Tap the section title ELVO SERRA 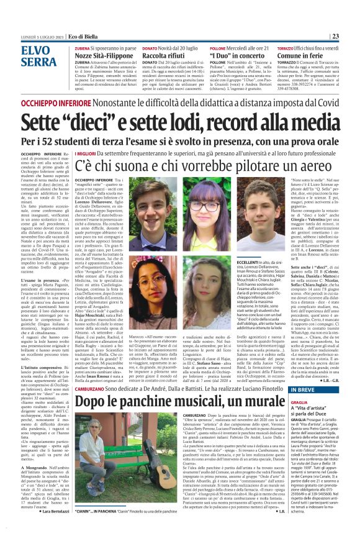(x=39, y=57)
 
